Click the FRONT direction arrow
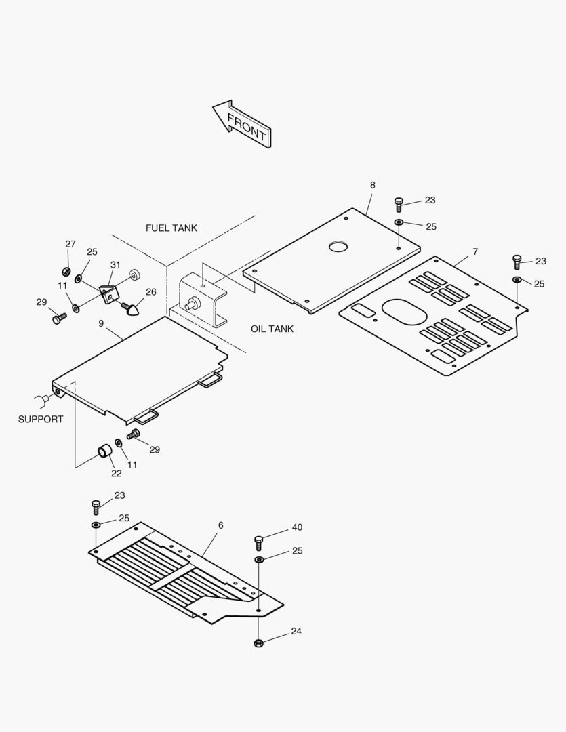[x=242, y=124]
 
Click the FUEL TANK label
[x=171, y=228]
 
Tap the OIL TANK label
[x=272, y=329]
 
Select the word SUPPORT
[x=41, y=419]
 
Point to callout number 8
[x=372, y=185]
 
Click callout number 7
[x=475, y=251]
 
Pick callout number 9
[x=101, y=323]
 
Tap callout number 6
[x=220, y=525]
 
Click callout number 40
[x=297, y=527]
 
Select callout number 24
[x=296, y=631]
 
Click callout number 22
[x=117, y=473]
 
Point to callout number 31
[x=115, y=265]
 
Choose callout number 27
[x=70, y=244]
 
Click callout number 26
[x=150, y=292]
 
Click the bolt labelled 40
[x=258, y=542]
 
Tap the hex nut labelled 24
[x=258, y=642]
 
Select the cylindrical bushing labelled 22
[x=104, y=450]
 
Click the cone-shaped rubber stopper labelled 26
[x=133, y=310]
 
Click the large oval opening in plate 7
[x=405, y=312]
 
